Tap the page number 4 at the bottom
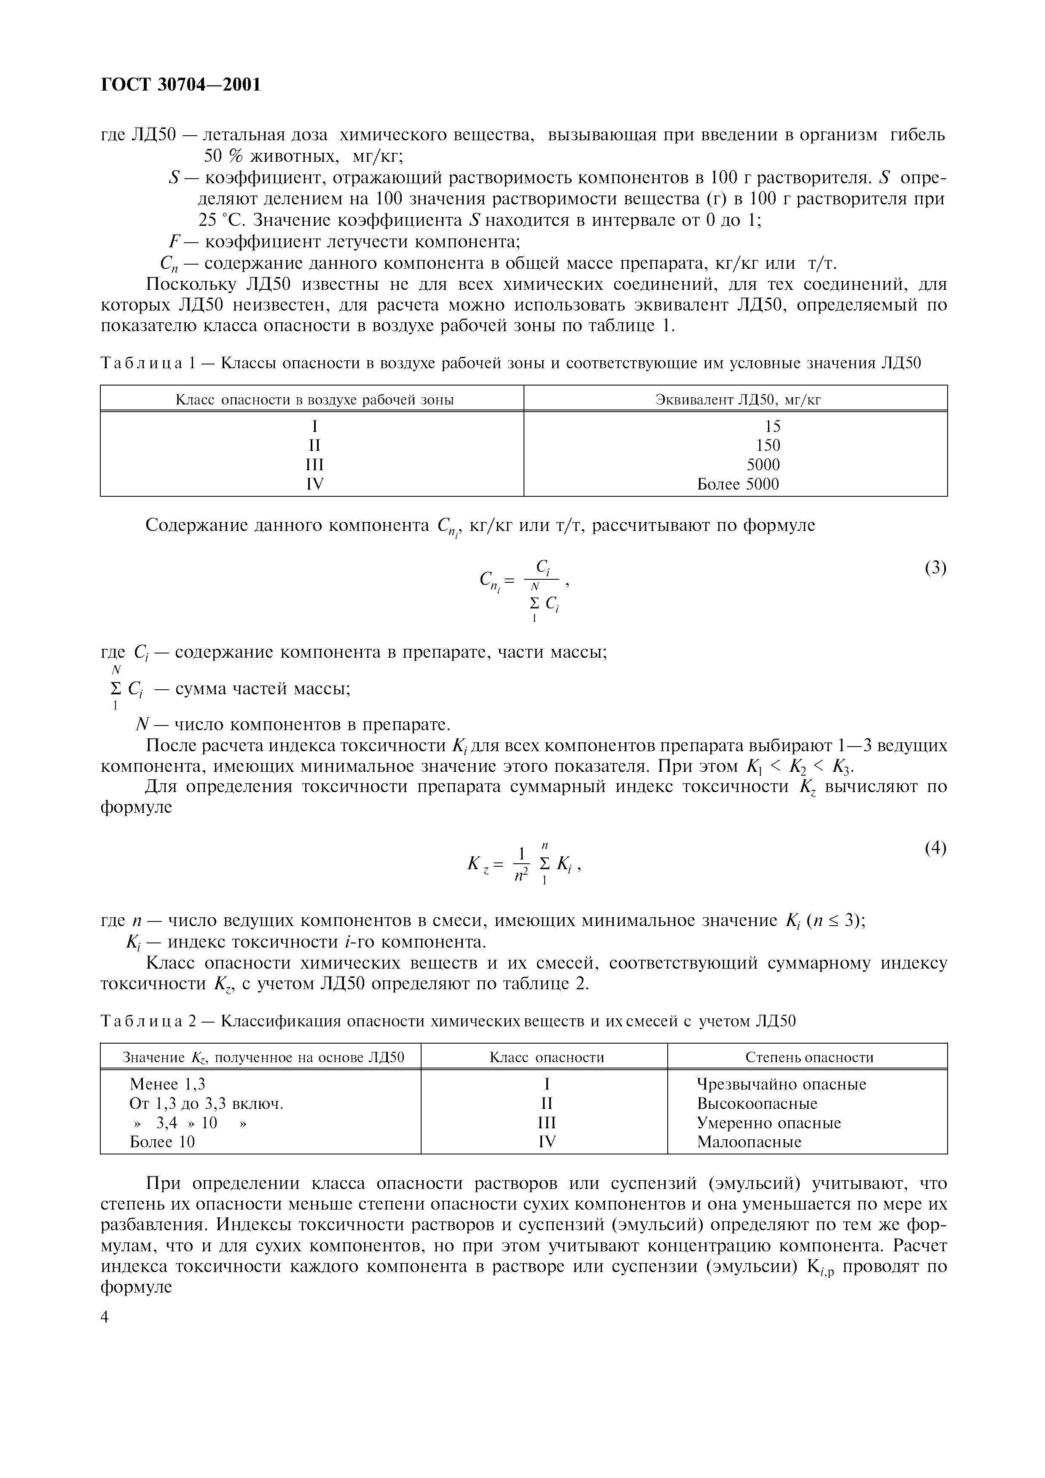(105, 1317)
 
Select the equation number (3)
(935, 568)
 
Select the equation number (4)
(935, 849)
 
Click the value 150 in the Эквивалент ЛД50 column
(768, 445)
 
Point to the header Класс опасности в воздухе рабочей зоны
(315, 400)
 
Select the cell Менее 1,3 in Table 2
(167, 1084)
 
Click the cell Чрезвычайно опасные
(781, 1084)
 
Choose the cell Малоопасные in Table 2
(749, 1142)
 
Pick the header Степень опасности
(809, 1057)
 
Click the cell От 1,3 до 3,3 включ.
(206, 1103)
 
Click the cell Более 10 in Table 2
(162, 1142)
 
